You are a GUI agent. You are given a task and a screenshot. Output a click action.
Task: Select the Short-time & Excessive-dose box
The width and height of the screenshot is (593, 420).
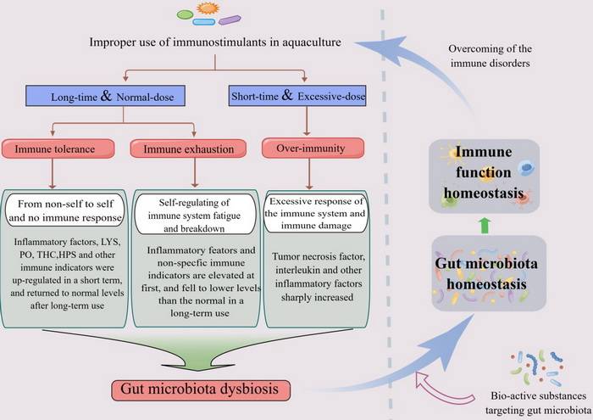coord(298,98)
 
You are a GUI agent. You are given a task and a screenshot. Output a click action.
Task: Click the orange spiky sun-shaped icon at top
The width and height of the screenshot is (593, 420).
coord(208,9)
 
